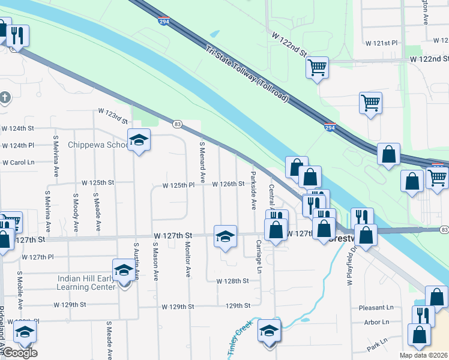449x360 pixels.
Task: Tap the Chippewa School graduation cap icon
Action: pos(139,141)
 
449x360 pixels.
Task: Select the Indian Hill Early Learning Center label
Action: pos(86,283)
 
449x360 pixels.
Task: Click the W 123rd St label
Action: pos(113,112)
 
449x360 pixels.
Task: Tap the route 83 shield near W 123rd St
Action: pos(176,124)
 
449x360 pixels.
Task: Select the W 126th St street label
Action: pos(228,184)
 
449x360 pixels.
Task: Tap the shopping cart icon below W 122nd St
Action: pos(317,67)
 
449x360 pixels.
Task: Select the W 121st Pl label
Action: pos(382,44)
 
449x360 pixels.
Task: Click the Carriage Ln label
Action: pos(259,257)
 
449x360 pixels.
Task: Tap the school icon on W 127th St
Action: pos(225,236)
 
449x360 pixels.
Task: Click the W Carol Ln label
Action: pos(18,163)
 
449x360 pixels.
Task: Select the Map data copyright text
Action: pos(423,355)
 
